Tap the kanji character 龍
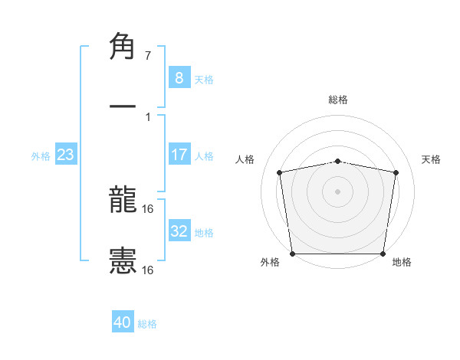point(123,201)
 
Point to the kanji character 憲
point(123,260)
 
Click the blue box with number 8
point(179,77)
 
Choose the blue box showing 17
point(179,155)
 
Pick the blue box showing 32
point(179,231)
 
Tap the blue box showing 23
point(66,155)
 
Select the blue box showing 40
point(123,322)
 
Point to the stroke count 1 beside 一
point(147,116)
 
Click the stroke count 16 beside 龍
point(149,208)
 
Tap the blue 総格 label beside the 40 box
point(148,324)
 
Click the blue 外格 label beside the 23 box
point(41,156)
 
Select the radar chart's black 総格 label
point(338,100)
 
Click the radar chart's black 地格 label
point(402,263)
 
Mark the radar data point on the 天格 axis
point(396,172)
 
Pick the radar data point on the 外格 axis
point(292,254)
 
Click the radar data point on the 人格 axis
point(280,172)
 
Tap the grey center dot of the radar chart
point(338,191)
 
